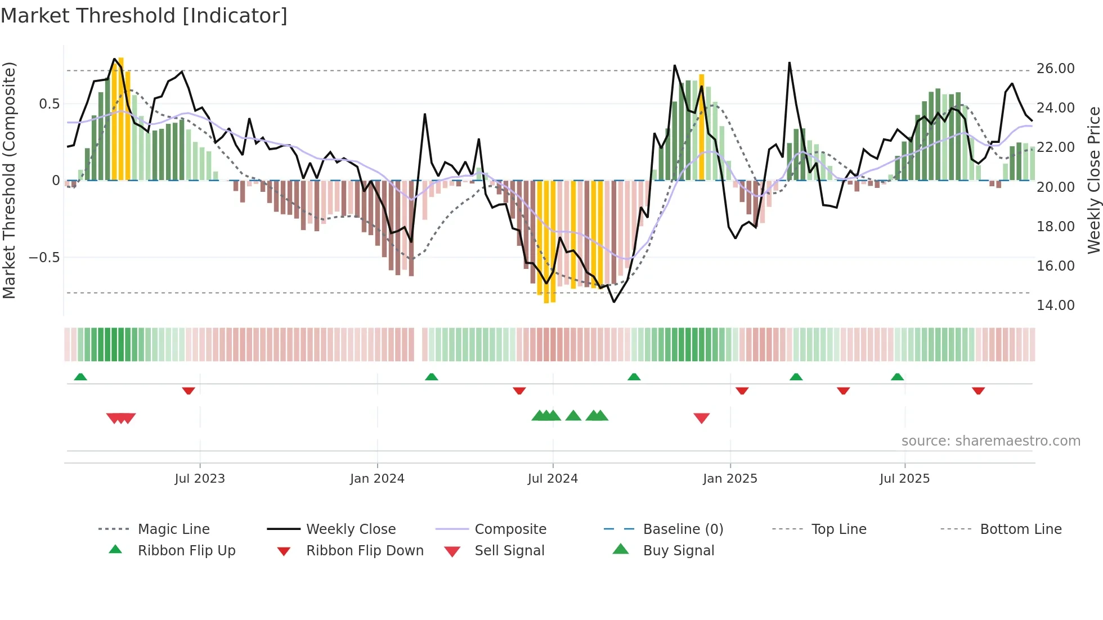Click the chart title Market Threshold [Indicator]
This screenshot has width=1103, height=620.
(x=144, y=16)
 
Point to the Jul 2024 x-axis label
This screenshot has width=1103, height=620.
(x=553, y=479)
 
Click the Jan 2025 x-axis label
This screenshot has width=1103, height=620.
(x=730, y=479)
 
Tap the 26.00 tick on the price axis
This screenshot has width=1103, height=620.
(x=1055, y=69)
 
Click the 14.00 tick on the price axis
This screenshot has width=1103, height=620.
(x=1055, y=305)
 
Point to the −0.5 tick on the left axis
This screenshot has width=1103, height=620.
(x=44, y=258)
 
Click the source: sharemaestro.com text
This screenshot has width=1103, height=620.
(x=990, y=441)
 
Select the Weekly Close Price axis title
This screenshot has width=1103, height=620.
(x=1093, y=180)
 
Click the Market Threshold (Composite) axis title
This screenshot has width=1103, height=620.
(x=9, y=180)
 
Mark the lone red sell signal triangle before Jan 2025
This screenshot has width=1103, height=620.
(x=701, y=418)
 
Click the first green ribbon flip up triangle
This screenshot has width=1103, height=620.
(x=80, y=376)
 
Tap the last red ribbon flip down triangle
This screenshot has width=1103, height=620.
(x=978, y=390)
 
